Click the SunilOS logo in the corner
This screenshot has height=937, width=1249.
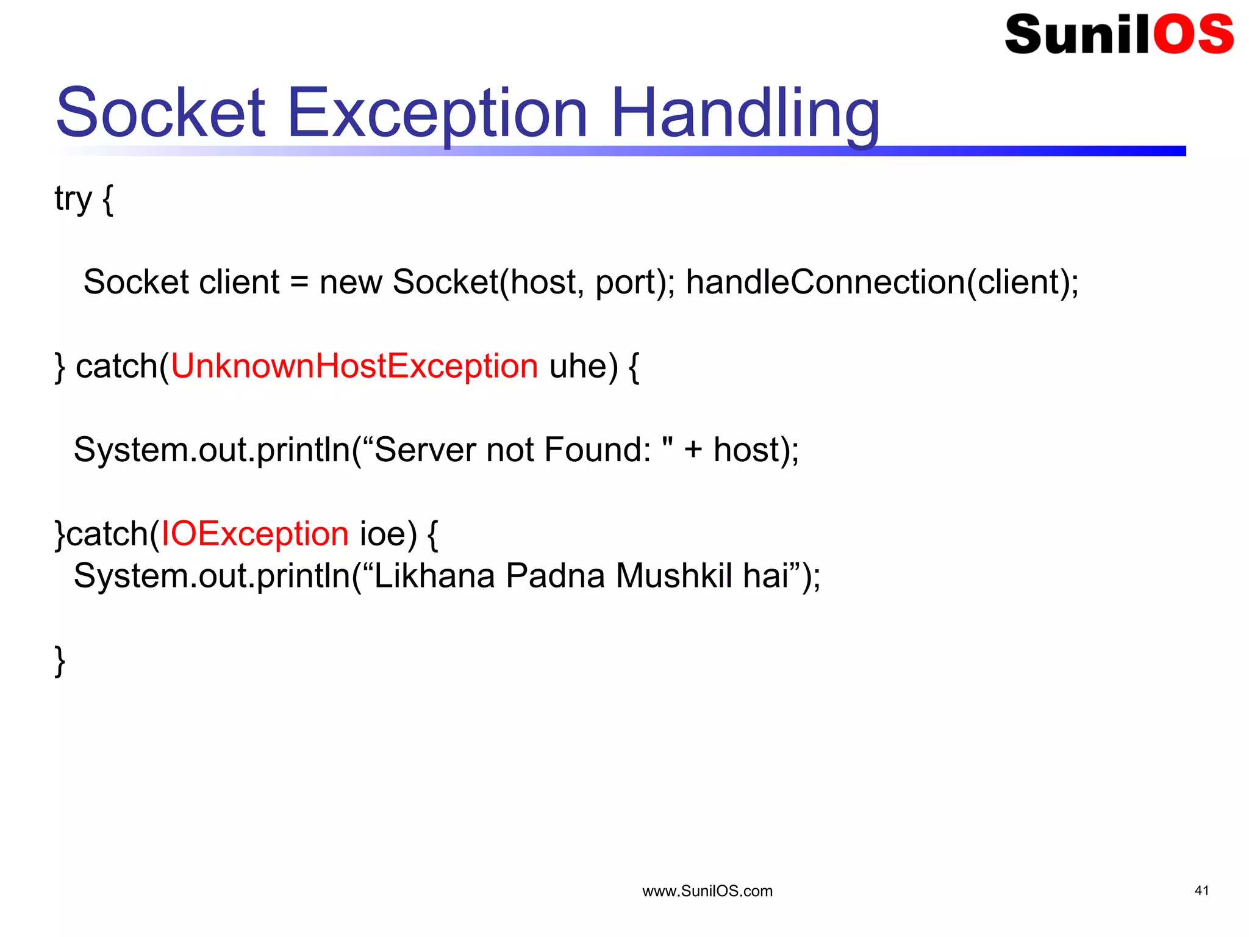click(x=1118, y=35)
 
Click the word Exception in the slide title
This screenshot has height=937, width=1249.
click(x=437, y=114)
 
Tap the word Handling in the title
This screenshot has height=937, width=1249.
click(x=745, y=114)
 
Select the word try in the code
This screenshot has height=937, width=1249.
click(x=73, y=199)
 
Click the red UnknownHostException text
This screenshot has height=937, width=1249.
click(x=354, y=366)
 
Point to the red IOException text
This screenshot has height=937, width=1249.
click(x=254, y=534)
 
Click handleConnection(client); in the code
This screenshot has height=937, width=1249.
click(x=882, y=282)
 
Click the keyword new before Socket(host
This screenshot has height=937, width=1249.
click(x=351, y=282)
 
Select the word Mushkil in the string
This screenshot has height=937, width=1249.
click(x=674, y=575)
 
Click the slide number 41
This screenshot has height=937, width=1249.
click(x=1201, y=891)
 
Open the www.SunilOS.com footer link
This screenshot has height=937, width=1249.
click(x=707, y=891)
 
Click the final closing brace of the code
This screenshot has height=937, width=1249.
click(x=60, y=661)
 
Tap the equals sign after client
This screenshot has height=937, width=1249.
click(x=299, y=283)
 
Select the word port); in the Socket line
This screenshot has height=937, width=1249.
click(x=635, y=282)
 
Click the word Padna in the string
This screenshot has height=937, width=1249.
click(x=555, y=575)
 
